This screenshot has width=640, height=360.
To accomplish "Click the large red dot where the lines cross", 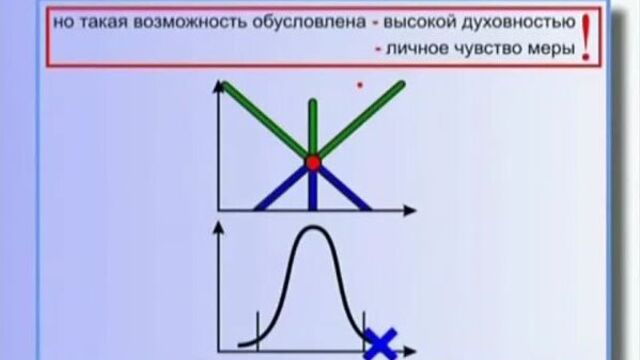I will coord(313,162).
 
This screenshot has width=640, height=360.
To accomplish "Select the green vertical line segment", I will coord(313,125).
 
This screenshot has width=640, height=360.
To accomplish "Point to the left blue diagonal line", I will coord(284,187).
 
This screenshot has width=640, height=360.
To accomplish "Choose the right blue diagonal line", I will coord(342,187).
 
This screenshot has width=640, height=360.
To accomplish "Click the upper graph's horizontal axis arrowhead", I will coord(409,211).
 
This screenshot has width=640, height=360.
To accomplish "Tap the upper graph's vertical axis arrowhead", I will coord(217,91).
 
